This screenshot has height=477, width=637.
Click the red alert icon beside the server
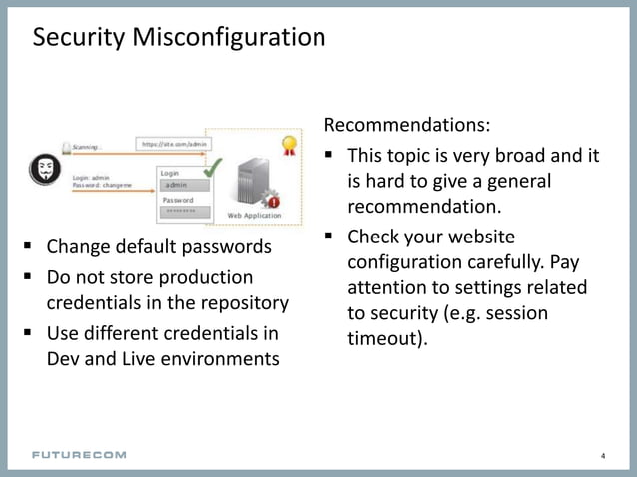pos(273,201)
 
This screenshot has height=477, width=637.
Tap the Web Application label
pos(255,215)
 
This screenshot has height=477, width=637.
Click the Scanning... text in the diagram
pos(86,147)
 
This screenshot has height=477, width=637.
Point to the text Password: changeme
pos(104,186)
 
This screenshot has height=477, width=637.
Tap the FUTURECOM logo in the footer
pos(80,455)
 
